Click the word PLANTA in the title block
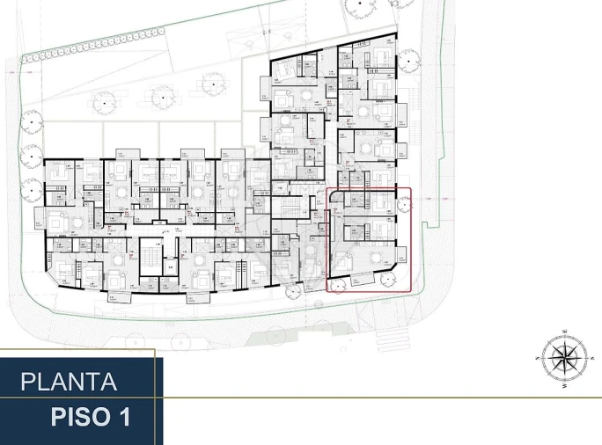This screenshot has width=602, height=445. (x=69, y=383)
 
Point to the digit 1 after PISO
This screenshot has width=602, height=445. (x=124, y=417)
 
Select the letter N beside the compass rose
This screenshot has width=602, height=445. (x=538, y=359)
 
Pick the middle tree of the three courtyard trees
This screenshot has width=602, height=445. (x=161, y=91)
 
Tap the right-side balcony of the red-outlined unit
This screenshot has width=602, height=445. (x=402, y=255)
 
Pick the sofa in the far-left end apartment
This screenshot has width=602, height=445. (x=56, y=217)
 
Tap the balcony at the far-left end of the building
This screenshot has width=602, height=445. (x=39, y=217)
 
